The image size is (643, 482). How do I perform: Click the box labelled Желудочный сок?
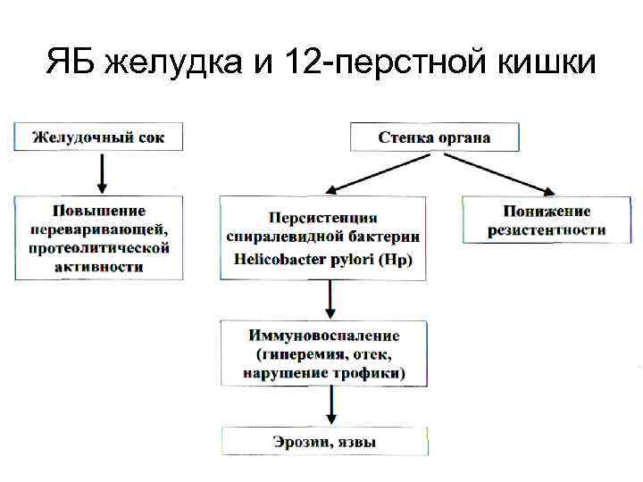tap(102, 137)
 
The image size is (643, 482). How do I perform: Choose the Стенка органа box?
tap(434, 137)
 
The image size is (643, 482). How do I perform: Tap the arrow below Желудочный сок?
tap(102, 172)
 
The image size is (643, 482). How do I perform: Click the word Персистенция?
tap(322, 218)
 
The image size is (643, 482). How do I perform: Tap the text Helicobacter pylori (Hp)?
tap(322, 259)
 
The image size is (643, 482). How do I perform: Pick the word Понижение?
tap(547, 212)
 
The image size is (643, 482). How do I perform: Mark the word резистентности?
tap(547, 230)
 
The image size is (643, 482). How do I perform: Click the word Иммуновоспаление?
tap(322, 336)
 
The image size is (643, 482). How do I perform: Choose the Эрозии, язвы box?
tap(324, 442)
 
